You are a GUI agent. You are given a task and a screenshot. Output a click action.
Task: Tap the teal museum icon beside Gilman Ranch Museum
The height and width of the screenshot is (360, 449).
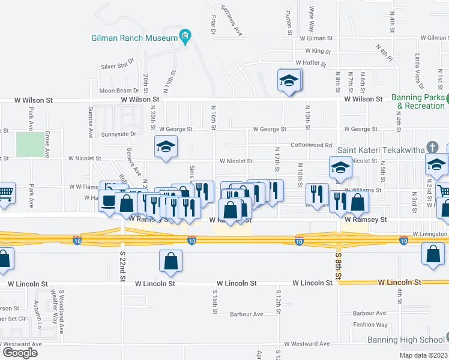coord(186,37)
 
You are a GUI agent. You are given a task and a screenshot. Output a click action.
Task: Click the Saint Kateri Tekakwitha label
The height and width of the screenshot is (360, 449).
coord(381,149)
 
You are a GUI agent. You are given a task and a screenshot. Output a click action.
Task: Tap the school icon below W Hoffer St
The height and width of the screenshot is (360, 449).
coord(289,80)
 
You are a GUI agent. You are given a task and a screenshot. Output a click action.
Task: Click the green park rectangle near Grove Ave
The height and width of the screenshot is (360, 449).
coord(29,145)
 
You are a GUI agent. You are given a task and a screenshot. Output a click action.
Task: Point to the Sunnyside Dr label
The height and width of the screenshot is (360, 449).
coord(119,135)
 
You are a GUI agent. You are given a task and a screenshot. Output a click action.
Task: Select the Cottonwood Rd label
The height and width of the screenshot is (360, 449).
coord(311,145)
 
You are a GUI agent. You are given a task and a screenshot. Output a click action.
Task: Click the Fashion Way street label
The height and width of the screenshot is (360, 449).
coord(370,325)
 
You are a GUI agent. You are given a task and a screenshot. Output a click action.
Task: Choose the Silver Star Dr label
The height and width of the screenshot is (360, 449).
coord(119,67)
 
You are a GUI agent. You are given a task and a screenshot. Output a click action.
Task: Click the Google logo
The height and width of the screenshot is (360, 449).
coord(20,352)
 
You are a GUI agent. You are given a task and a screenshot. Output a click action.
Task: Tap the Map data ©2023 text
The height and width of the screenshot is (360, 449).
coord(423,355)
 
